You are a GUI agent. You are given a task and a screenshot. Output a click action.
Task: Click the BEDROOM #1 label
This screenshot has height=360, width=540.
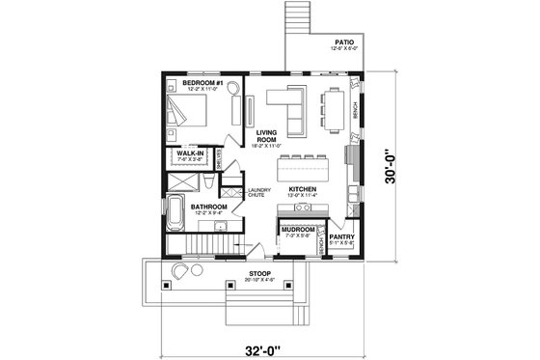click(202, 84)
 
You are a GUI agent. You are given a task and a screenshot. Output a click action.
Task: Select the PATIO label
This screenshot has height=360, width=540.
click(343, 42)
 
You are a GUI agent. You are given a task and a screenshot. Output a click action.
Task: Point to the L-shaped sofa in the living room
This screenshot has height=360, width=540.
click(286, 104)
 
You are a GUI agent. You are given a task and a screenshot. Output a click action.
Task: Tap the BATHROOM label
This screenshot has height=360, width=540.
click(207, 207)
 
